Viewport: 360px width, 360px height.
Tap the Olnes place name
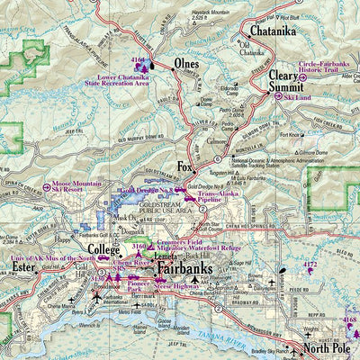click(x=186, y=65)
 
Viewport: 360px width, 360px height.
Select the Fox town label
click(x=185, y=167)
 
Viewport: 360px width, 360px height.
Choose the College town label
click(x=103, y=248)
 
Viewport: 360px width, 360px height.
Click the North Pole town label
click(x=326, y=348)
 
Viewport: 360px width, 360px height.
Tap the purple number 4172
click(x=310, y=265)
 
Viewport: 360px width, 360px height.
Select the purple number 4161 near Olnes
click(x=138, y=60)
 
